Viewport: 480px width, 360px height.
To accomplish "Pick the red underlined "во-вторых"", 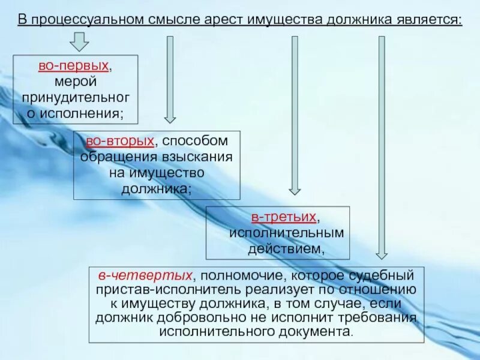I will (x=119, y=142).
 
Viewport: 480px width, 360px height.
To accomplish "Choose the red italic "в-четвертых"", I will (x=146, y=275).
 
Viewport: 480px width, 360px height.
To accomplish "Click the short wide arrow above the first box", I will (x=79, y=43).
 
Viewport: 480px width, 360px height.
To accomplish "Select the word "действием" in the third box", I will (x=276, y=247).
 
